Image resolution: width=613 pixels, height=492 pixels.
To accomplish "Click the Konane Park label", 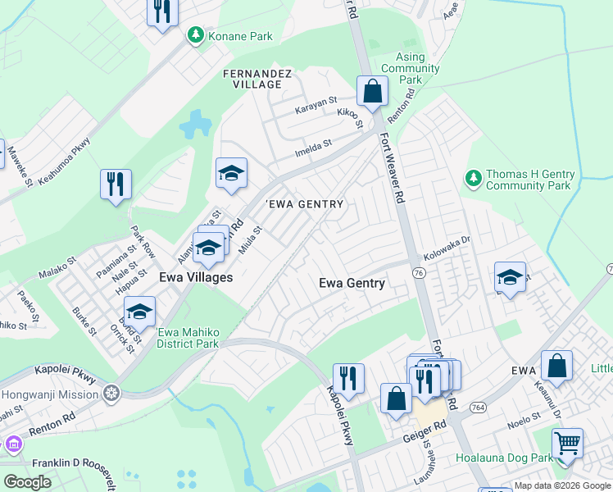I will coord(241,36).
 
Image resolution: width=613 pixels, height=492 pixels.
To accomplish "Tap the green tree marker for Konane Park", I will coord(196,35).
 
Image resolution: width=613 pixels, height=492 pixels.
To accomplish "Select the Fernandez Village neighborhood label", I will coord(258,79).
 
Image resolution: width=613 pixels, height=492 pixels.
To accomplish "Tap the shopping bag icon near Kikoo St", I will coord(372,92).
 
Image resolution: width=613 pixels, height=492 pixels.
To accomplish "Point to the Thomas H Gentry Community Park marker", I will coord(473,177).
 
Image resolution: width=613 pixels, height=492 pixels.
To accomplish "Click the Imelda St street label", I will coord(313,148).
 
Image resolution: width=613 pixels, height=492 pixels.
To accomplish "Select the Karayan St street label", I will coord(316,105).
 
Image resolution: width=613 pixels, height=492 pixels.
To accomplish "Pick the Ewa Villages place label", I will coord(195,277).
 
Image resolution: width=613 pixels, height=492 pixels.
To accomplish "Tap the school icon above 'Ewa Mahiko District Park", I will coord(140,312).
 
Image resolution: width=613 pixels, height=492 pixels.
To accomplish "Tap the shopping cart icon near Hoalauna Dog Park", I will coord(566,443).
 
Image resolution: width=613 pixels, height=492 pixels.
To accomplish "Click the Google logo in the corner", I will coord(27,482).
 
